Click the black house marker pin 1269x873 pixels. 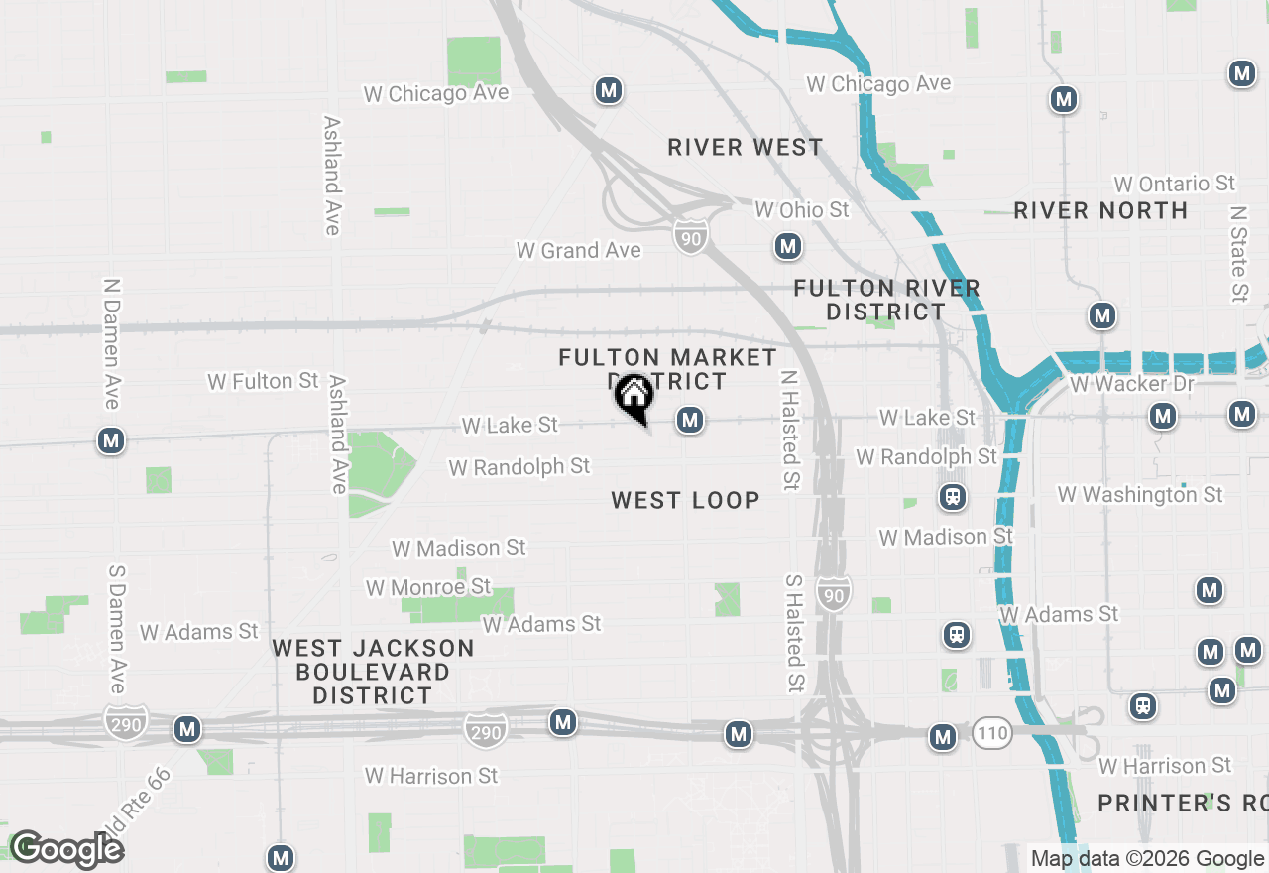pyautogui.click(x=634, y=398)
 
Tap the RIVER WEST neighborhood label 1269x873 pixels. pyautogui.click(x=745, y=148)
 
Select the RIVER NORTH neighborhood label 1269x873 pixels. pyautogui.click(x=1100, y=210)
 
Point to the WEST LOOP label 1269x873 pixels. pyautogui.click(x=685, y=500)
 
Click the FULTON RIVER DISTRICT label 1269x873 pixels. pyautogui.click(x=886, y=300)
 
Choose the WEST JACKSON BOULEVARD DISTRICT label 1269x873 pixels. pyautogui.click(x=373, y=672)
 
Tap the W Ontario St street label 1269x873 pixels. pyautogui.click(x=1174, y=184)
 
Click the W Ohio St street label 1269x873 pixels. pyautogui.click(x=801, y=209)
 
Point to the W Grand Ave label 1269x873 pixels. pyautogui.click(x=578, y=251)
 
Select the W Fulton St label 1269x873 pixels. pyautogui.click(x=263, y=381)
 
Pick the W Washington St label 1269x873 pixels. pyautogui.click(x=1140, y=494)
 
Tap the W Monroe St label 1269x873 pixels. pyautogui.click(x=427, y=587)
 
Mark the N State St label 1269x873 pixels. pyautogui.click(x=1237, y=254)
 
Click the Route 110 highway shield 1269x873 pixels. pyautogui.click(x=991, y=733)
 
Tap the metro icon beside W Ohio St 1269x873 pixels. pyautogui.click(x=788, y=246)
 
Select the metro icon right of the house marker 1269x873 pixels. pyautogui.click(x=690, y=421)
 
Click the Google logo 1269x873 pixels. pyautogui.click(x=65, y=849)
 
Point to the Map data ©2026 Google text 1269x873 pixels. pyautogui.click(x=1147, y=859)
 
